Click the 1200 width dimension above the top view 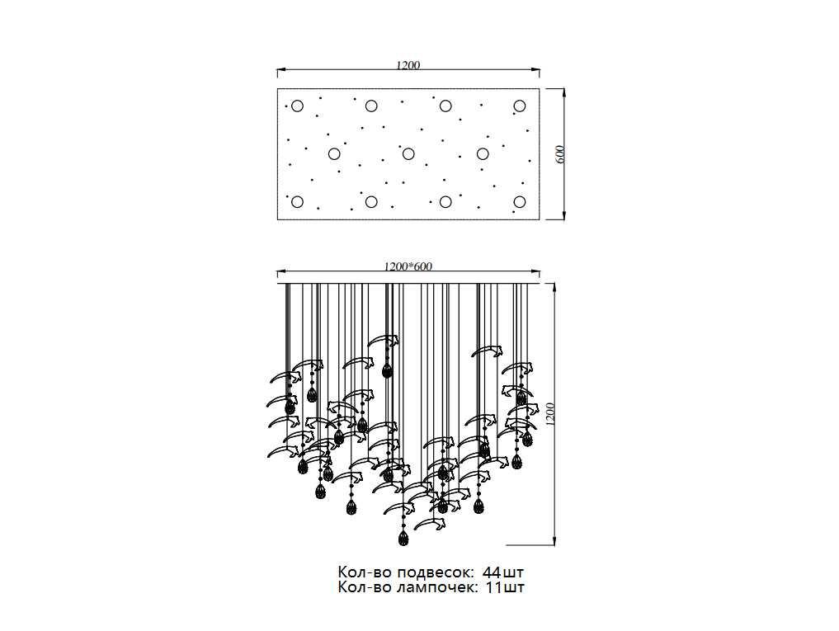click(x=408, y=65)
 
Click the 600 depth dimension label click(x=560, y=154)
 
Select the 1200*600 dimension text click(x=408, y=266)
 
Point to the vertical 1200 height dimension click(x=551, y=414)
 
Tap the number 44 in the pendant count click(x=492, y=572)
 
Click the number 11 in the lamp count click(x=493, y=587)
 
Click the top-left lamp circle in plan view click(x=298, y=106)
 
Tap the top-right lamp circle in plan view click(x=520, y=106)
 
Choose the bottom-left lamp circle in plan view click(x=298, y=202)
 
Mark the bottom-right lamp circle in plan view click(x=520, y=202)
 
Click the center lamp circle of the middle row click(x=408, y=154)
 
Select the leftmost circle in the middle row click(x=334, y=154)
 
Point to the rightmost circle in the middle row click(x=483, y=154)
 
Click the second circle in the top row click(x=371, y=106)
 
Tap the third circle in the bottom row click(x=445, y=202)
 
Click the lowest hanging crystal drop click(x=403, y=537)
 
